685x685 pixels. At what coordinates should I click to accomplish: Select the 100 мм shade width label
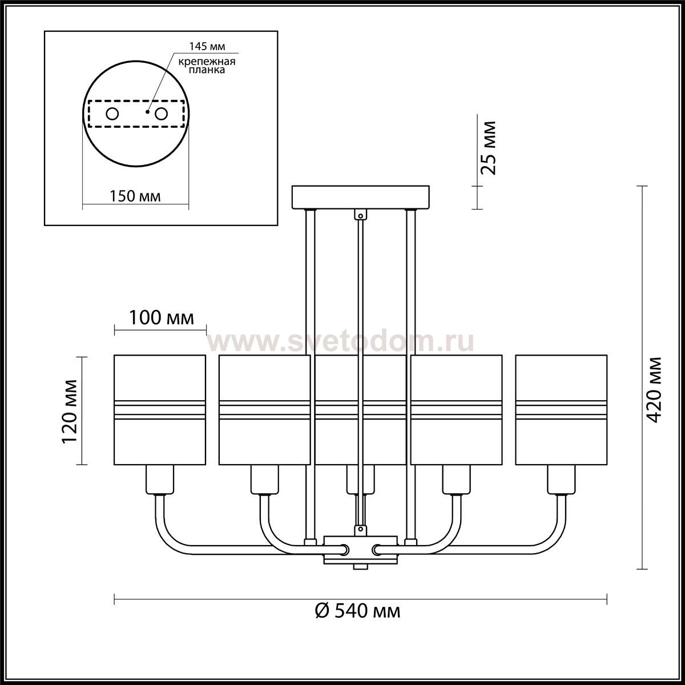(x=161, y=318)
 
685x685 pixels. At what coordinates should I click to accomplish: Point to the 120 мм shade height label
(x=70, y=412)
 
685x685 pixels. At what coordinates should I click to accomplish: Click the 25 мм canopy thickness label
(x=487, y=147)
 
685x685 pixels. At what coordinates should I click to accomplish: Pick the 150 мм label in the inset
(x=135, y=196)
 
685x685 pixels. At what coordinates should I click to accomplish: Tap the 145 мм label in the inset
(x=207, y=46)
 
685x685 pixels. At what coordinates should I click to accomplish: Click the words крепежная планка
(x=207, y=66)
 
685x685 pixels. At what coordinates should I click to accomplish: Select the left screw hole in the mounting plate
(x=112, y=114)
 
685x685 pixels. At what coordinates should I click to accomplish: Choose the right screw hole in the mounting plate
(x=161, y=114)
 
